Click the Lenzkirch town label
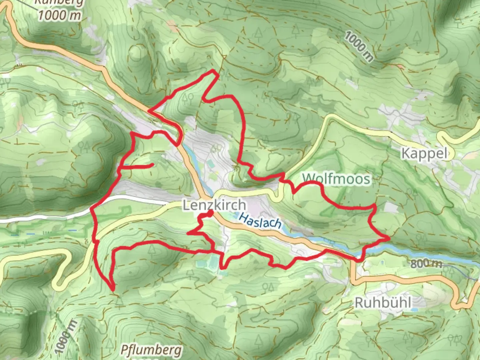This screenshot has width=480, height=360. (214, 205)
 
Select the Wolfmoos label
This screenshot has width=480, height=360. (336, 179)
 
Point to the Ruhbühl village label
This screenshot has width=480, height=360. (383, 303)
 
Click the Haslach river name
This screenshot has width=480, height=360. (260, 221)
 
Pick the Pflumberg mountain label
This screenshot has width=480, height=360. (151, 350)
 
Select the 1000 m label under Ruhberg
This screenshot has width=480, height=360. (59, 15)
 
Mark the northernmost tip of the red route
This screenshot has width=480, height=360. (214, 70)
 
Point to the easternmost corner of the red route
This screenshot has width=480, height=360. (389, 238)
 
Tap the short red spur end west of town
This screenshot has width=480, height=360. (152, 164)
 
